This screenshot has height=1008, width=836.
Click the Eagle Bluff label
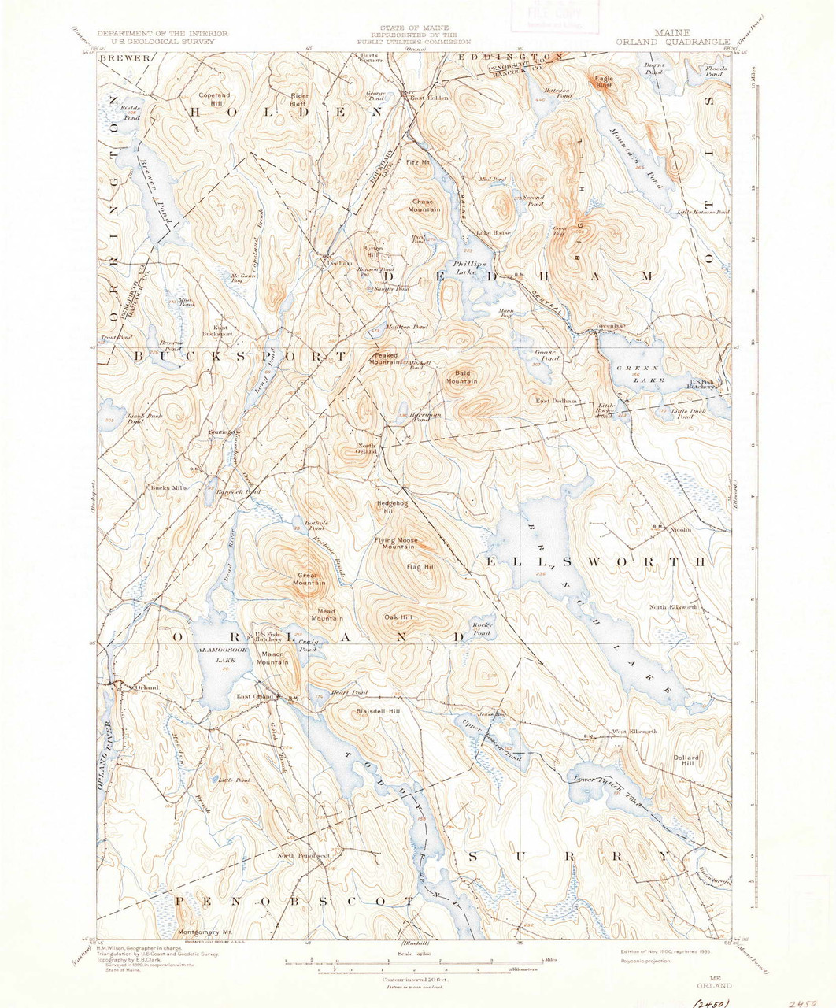point(604,82)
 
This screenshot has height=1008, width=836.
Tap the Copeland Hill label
point(214,99)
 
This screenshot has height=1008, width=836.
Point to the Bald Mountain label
point(462,377)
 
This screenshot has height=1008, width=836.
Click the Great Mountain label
point(310,579)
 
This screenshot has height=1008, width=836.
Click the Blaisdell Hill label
point(378,711)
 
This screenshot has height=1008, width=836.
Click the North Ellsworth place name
point(673,607)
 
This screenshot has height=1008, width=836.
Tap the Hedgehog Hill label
point(390,507)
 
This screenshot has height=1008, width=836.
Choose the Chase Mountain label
point(424,206)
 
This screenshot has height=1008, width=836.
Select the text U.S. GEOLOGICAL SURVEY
point(162,42)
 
